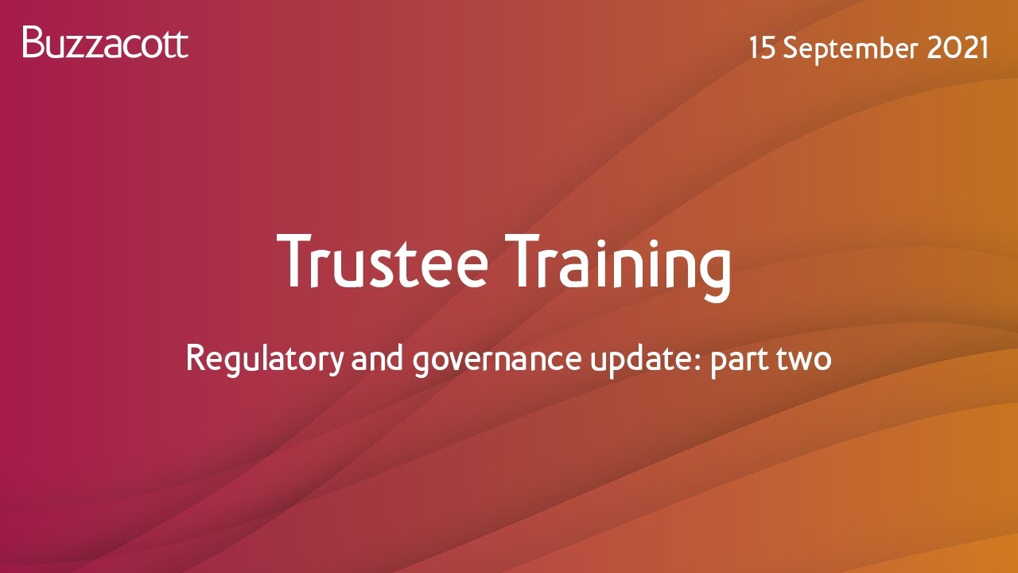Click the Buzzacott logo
pos(106,42)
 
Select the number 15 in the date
pos(762,49)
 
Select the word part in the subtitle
pos(736,361)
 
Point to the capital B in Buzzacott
pos(33,42)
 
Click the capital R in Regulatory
pos(195,359)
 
